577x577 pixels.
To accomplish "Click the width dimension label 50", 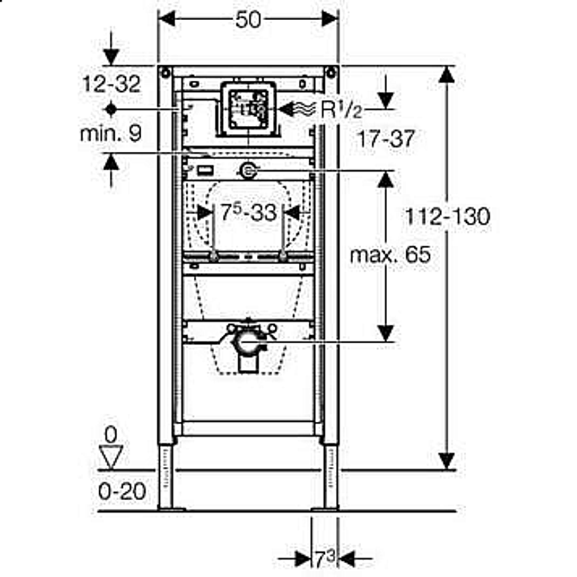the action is pyautogui.click(x=248, y=20).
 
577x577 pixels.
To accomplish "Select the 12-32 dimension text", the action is pyautogui.click(x=111, y=84).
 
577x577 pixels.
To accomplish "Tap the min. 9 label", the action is pyautogui.click(x=111, y=133).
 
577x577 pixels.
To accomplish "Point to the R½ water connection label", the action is pyautogui.click(x=341, y=109).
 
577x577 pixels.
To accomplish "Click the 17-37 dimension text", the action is pyautogui.click(x=386, y=138).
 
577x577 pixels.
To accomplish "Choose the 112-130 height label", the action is pyautogui.click(x=448, y=216).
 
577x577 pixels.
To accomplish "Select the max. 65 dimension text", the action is pyautogui.click(x=390, y=254).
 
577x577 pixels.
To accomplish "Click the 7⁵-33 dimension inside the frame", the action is pyautogui.click(x=248, y=212).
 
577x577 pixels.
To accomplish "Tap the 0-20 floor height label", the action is pyautogui.click(x=122, y=491).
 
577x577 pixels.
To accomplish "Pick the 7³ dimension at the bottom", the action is pyautogui.click(x=325, y=559).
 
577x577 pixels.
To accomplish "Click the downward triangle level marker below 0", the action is pyautogui.click(x=111, y=457).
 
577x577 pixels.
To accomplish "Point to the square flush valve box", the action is pyautogui.click(x=248, y=109).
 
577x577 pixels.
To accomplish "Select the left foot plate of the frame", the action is pyautogui.click(x=171, y=509).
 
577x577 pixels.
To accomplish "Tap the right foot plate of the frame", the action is pyautogui.click(x=325, y=509).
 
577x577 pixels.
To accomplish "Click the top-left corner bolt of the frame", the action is pyautogui.click(x=165, y=73).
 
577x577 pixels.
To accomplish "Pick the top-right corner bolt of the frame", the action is pyautogui.click(x=331, y=73).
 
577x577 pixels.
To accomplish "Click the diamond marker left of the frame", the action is pyautogui.click(x=111, y=109).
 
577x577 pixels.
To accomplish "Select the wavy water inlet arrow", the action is pyautogui.click(x=297, y=109).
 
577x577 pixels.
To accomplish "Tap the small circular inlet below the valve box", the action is pyautogui.click(x=248, y=171).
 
